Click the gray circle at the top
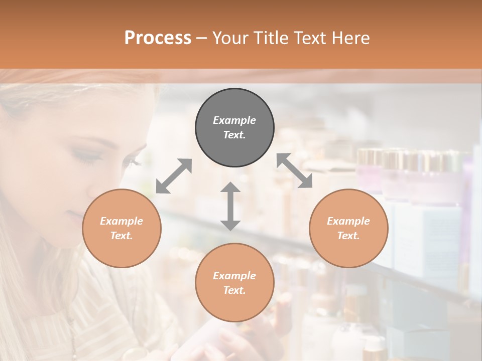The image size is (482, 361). pos(234,128)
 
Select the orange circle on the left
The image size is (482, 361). pos(122,229)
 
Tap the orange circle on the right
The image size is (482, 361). pos(348,229)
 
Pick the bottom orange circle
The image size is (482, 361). pos(234,283)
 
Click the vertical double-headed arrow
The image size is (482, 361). pos(230,206)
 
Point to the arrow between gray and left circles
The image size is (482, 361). pos(174,176)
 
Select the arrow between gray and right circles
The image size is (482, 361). pos(294,171)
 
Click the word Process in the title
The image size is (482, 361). pos(158,38)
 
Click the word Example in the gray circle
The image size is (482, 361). pos(234,120)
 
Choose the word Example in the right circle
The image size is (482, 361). pos(348,221)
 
